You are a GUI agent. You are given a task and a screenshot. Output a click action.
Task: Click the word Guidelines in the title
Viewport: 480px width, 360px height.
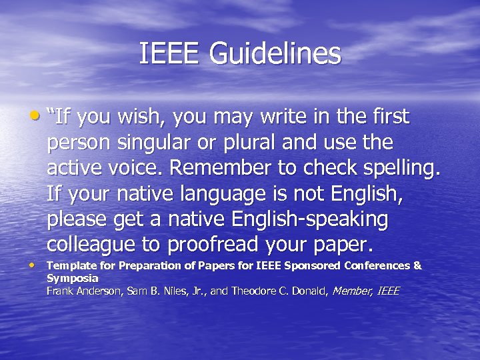tap(275, 54)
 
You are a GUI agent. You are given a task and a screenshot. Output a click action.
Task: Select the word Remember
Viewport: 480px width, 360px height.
tap(213, 169)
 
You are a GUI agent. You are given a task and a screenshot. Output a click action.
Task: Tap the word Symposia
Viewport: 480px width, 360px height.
tap(72, 278)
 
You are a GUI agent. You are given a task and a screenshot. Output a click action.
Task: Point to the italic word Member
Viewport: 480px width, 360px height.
tap(352, 291)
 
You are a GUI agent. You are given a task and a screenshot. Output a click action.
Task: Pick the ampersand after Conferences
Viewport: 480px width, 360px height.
tap(418, 265)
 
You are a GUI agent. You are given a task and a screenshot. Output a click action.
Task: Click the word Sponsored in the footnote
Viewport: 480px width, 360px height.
tap(313, 265)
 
